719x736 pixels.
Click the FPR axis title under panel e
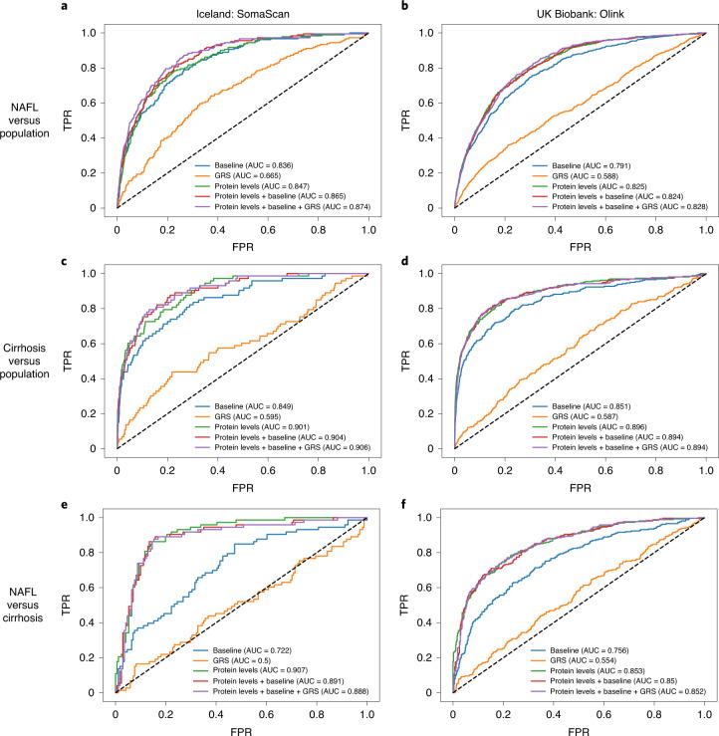tap(241, 724)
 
